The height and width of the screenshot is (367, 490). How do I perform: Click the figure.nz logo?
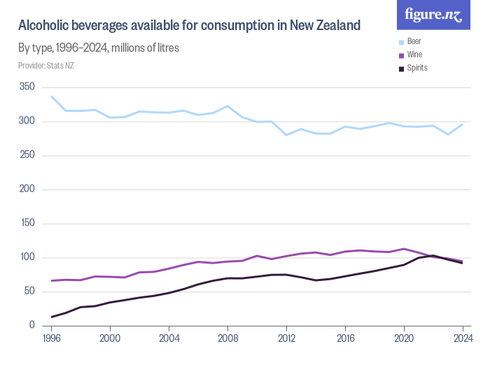pyautogui.click(x=433, y=15)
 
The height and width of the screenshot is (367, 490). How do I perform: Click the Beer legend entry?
pyautogui.click(x=414, y=41)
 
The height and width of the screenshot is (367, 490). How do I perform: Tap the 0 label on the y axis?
pyautogui.click(x=31, y=326)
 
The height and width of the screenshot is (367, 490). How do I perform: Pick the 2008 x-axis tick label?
pyautogui.click(x=227, y=338)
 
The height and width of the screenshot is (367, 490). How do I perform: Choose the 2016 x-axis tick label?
pyautogui.click(x=344, y=338)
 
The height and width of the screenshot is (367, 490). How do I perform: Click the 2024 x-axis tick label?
pyautogui.click(x=462, y=338)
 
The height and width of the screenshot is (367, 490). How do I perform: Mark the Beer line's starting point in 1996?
pyautogui.click(x=52, y=96)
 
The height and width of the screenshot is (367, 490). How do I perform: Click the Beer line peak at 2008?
pyautogui.click(x=227, y=106)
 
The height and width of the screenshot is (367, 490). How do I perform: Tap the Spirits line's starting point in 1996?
pyautogui.click(x=52, y=317)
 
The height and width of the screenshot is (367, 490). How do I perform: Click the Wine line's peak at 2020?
pyautogui.click(x=403, y=249)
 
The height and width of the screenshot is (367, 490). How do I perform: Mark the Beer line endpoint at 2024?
pyautogui.click(x=462, y=124)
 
